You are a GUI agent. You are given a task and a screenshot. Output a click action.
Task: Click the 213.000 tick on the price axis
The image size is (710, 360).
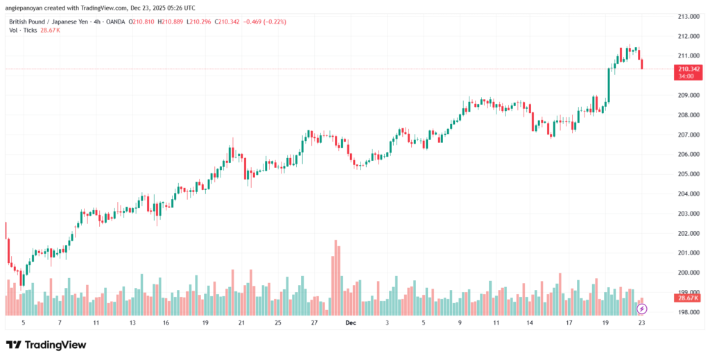click(686, 16)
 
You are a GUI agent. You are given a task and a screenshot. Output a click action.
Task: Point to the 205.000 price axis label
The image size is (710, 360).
click(686, 174)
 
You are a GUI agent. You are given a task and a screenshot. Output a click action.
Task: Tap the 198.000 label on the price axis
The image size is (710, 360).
click(686, 312)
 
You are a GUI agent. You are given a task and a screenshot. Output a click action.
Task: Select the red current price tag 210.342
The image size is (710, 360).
click(687, 69)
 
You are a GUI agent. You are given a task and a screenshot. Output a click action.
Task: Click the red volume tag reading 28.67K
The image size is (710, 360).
click(687, 298)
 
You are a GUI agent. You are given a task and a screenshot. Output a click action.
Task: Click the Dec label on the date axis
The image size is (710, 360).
click(351, 323)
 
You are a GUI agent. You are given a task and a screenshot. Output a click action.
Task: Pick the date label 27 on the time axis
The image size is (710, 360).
click(314, 323)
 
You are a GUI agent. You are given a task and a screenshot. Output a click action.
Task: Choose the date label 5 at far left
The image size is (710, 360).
click(23, 323)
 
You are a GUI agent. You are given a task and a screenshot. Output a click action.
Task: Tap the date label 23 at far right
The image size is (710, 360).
click(641, 323)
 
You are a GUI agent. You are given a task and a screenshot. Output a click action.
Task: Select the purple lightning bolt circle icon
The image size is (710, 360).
click(641, 308)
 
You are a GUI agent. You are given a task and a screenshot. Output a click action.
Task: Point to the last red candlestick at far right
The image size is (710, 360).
click(642, 64)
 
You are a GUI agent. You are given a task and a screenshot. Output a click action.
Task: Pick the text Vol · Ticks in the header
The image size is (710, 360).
click(22, 31)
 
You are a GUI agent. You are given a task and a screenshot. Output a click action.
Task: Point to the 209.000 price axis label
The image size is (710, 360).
click(686, 95)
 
